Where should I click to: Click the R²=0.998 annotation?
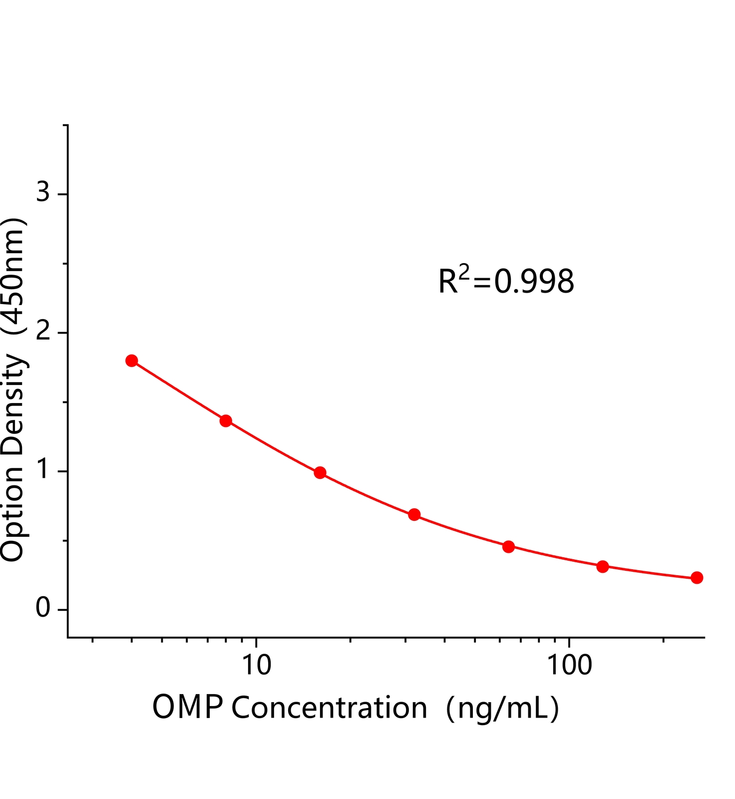[506, 282]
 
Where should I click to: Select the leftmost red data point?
[132, 361]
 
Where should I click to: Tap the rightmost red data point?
[697, 578]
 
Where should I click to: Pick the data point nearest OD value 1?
[320, 473]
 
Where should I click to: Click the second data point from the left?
[226, 420]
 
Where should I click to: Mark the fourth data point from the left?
[414, 514]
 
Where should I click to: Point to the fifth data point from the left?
[508, 546]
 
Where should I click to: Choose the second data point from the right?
[603, 566]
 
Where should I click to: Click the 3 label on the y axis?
[43, 192]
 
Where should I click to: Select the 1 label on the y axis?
[44, 470]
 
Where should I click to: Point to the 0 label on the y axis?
[43, 609]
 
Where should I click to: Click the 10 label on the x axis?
[256, 665]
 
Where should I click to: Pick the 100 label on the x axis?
[569, 665]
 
